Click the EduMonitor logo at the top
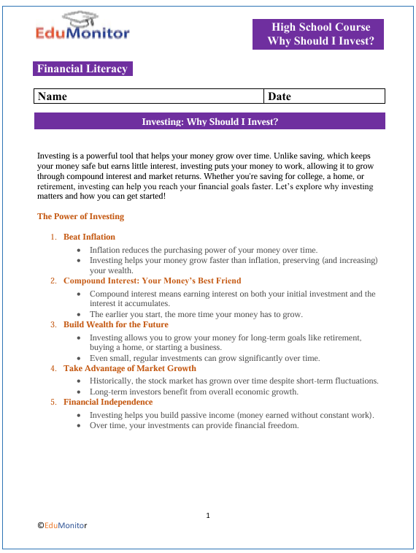pyautogui.click(x=82, y=27)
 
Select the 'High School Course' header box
pyautogui.click(x=317, y=34)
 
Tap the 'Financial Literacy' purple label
pyautogui.click(x=82, y=69)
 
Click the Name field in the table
pyautogui.click(x=148, y=96)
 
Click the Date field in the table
pyautogui.click(x=323, y=96)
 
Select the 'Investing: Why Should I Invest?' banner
pyautogui.click(x=209, y=121)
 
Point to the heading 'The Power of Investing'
pyautogui.click(x=80, y=216)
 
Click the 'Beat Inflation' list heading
pyautogui.click(x=89, y=237)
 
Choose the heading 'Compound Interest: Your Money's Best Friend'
pyautogui.click(x=152, y=281)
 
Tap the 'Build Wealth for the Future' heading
pyautogui.click(x=115, y=324)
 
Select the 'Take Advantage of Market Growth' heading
pyautogui.click(x=130, y=368)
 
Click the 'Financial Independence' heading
pyautogui.click(x=108, y=402)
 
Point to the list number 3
pyautogui.click(x=53, y=324)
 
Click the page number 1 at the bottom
pyautogui.click(x=208, y=516)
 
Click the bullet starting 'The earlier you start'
pyautogui.click(x=196, y=314)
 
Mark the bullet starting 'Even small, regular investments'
pyautogui.click(x=204, y=358)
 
